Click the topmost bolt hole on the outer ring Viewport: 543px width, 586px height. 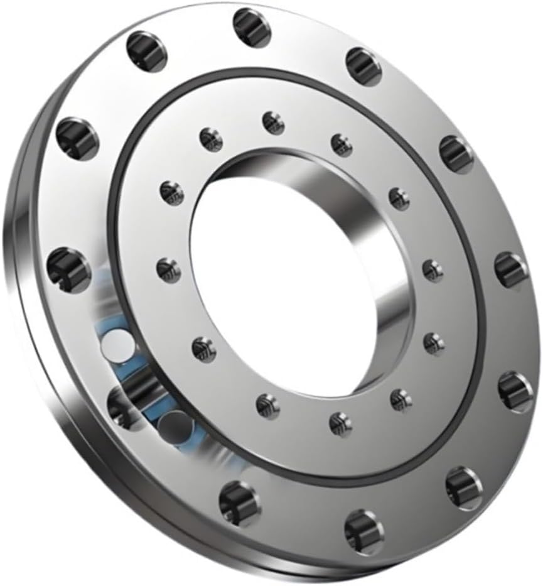click(x=252, y=28)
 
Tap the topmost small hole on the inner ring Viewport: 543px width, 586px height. click(x=273, y=122)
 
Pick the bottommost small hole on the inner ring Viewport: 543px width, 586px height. click(x=340, y=424)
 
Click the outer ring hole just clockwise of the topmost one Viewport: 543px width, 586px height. click(x=364, y=66)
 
